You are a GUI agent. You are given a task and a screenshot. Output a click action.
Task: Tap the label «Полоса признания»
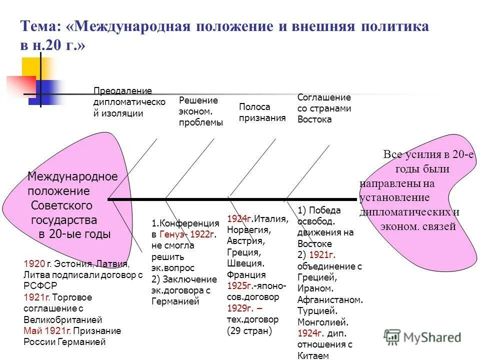pos(262,112)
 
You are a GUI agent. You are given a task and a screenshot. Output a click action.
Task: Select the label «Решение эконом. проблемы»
pos(200,111)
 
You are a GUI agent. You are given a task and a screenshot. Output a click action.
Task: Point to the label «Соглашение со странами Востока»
pos(324,108)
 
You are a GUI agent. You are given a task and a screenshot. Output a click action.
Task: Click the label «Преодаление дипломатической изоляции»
pos(129,102)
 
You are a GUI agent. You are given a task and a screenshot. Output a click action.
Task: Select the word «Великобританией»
pos(62,319)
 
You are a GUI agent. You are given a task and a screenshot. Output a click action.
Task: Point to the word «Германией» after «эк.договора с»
pos(175,301)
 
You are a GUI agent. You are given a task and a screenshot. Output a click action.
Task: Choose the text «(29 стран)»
pos(249,330)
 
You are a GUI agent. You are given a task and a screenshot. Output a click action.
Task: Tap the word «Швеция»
pos(245,263)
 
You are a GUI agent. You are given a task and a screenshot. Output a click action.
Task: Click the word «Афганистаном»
pos(329,300)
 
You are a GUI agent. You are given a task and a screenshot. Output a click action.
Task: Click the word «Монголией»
pos(323,322)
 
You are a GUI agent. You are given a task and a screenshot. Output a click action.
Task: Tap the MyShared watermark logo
pos(422,336)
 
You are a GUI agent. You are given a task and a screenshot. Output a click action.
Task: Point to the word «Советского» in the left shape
pos(62,205)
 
